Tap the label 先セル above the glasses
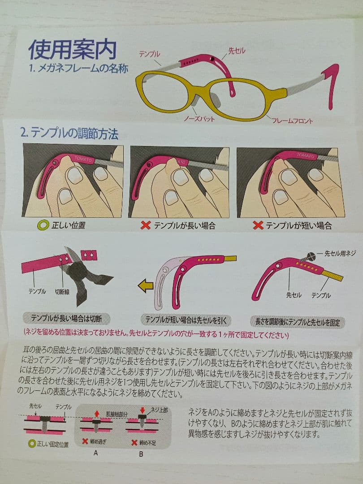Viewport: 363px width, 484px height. point(237,51)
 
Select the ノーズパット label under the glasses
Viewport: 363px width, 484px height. point(199,118)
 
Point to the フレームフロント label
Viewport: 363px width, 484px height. point(292,121)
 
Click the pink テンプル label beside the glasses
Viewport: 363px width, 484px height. point(149,54)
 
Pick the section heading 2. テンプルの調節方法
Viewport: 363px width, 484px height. point(69,134)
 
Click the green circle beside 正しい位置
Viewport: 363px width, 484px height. point(43,225)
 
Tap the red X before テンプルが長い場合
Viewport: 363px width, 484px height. point(145,225)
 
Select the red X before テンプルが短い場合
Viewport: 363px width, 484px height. point(258,225)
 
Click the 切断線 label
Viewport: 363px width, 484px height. point(62,291)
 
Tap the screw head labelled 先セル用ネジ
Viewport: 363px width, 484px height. point(311,256)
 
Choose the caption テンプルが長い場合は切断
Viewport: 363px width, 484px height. point(66,319)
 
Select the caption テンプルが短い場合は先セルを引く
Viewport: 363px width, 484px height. point(186,320)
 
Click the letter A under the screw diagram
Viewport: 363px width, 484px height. point(96,453)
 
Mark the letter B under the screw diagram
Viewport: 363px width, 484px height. point(141,454)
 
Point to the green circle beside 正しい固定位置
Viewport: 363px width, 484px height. point(31,444)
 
